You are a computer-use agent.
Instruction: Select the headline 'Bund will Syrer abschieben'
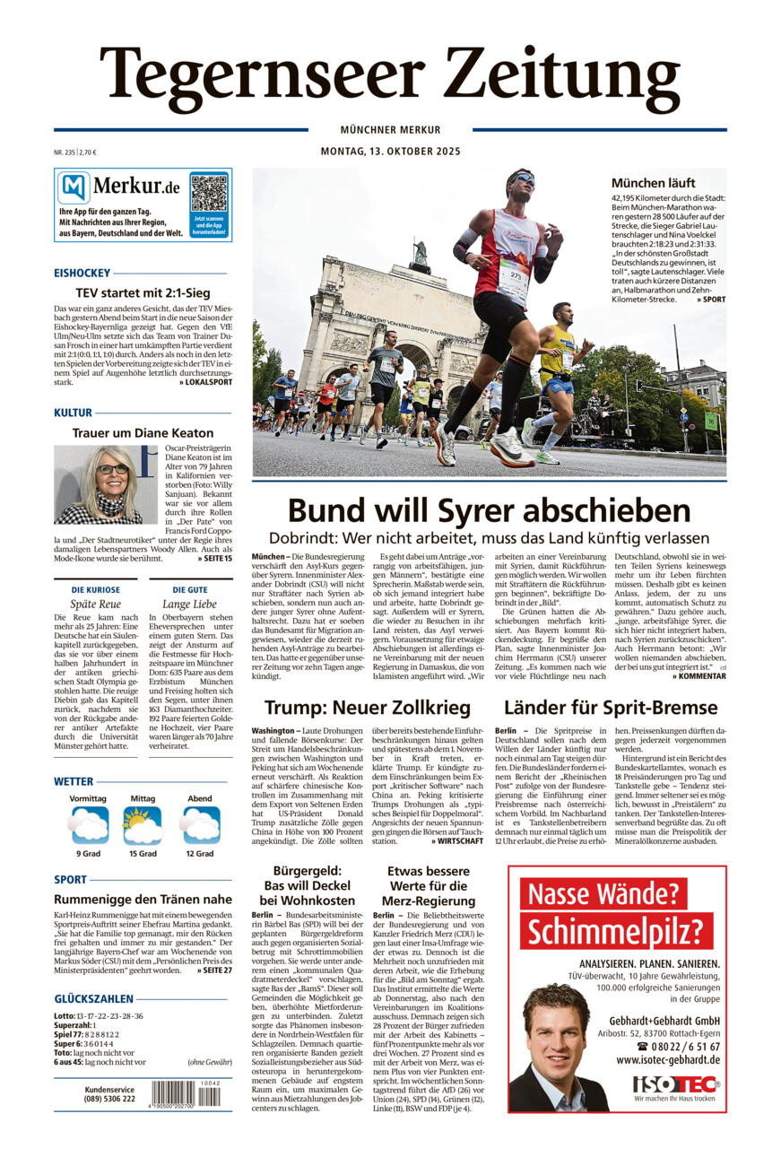pyautogui.click(x=489, y=511)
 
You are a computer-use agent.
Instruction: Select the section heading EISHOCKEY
pyautogui.click(x=82, y=273)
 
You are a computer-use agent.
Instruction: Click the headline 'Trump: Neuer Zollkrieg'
pyautogui.click(x=368, y=707)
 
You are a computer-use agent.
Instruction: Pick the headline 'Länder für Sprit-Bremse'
pyautogui.click(x=610, y=707)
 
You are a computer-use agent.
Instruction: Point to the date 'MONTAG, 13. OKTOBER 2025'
pyautogui.click(x=390, y=152)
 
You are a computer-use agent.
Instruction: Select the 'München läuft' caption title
pyautogui.click(x=653, y=183)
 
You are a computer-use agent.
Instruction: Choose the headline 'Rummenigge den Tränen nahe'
pyautogui.click(x=143, y=899)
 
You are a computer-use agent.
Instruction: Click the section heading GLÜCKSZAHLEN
pyautogui.click(x=94, y=998)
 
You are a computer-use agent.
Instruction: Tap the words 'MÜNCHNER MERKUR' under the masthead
pyautogui.click(x=390, y=130)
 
